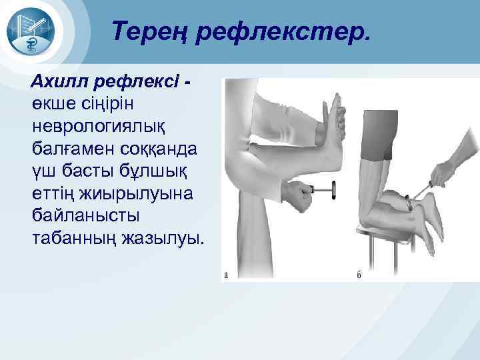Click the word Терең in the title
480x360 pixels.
(x=149, y=31)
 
